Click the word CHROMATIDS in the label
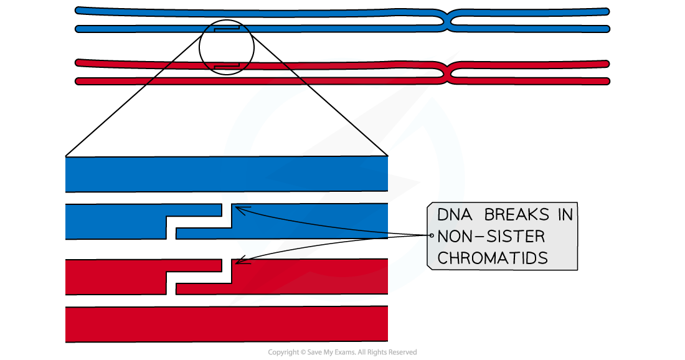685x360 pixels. pyautogui.click(x=493, y=258)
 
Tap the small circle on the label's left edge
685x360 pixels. pyautogui.click(x=431, y=236)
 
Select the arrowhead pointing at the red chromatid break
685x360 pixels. pyautogui.click(x=240, y=262)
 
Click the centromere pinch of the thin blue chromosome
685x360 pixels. pyautogui.click(x=449, y=20)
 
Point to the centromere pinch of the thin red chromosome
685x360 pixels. pyautogui.click(x=449, y=72)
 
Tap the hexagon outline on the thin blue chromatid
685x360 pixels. pyautogui.click(x=227, y=29)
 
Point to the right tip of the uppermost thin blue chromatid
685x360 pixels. pyautogui.click(x=605, y=11)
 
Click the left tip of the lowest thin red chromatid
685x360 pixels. pyautogui.click(x=79, y=81)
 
